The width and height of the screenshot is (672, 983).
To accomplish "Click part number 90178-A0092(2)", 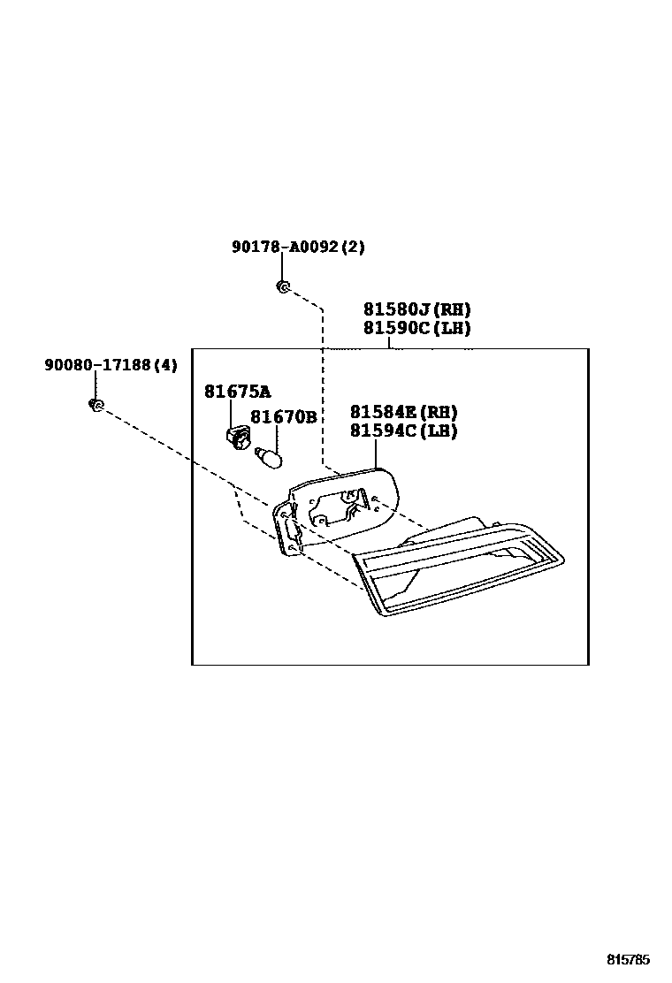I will [298, 248].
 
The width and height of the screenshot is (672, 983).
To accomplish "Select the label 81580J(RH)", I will [416, 310].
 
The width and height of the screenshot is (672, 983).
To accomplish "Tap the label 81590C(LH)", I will [416, 328].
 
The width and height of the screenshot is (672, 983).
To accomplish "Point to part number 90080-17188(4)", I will [111, 364].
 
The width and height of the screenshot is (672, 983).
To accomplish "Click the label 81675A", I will [237, 392].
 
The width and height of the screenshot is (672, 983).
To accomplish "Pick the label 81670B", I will [283, 417].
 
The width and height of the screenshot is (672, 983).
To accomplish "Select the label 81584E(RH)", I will [404, 412].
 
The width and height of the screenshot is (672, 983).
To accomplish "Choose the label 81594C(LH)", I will [404, 431].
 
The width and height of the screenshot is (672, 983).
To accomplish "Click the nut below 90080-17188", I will [95, 405].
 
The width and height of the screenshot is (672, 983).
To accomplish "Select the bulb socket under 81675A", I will [237, 437].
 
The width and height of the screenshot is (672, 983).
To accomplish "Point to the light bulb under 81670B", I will [267, 457].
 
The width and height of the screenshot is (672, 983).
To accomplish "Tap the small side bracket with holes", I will [286, 529].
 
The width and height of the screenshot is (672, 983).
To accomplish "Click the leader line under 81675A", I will [231, 413].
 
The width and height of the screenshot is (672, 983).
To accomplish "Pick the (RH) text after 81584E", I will [439, 412].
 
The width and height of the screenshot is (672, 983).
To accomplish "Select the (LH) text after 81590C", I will [451, 328].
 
